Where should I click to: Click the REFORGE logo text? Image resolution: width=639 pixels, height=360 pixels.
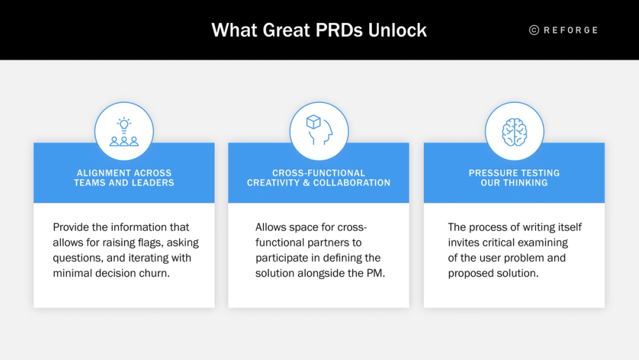coord(571,30)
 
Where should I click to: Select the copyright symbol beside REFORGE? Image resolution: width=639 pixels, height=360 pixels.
coord(534,30)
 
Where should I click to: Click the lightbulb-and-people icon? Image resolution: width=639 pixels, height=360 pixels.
coord(124,132)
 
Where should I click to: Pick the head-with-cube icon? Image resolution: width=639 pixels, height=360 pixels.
coord(319,131)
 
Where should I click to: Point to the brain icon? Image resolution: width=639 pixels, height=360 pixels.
coord(514,132)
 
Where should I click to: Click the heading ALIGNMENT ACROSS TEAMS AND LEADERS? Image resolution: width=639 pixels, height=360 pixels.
coord(124,178)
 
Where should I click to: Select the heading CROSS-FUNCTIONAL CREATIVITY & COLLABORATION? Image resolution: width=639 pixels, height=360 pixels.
coord(319,178)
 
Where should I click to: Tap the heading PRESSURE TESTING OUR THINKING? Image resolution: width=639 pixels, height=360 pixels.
coord(514,178)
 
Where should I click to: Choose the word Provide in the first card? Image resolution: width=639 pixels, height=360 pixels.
coord(71,227)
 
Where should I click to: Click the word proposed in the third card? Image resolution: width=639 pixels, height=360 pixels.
coord(469,274)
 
